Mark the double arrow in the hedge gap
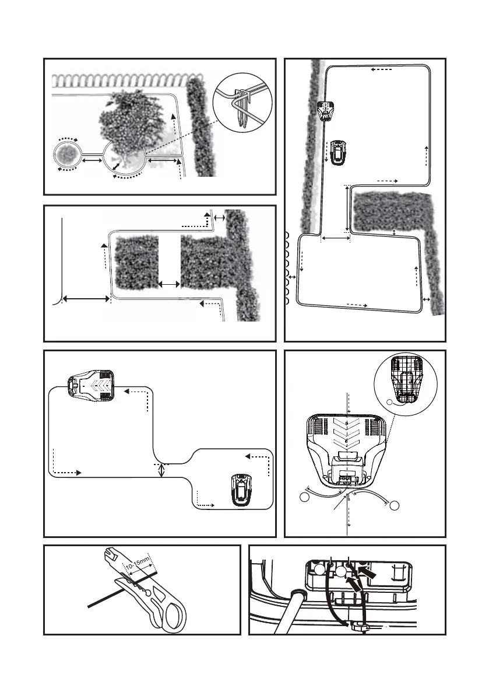[x=170, y=284]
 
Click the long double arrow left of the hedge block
[x=86, y=299]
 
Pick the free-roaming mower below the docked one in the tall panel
[x=337, y=153]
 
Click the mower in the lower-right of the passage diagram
[x=241, y=489]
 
